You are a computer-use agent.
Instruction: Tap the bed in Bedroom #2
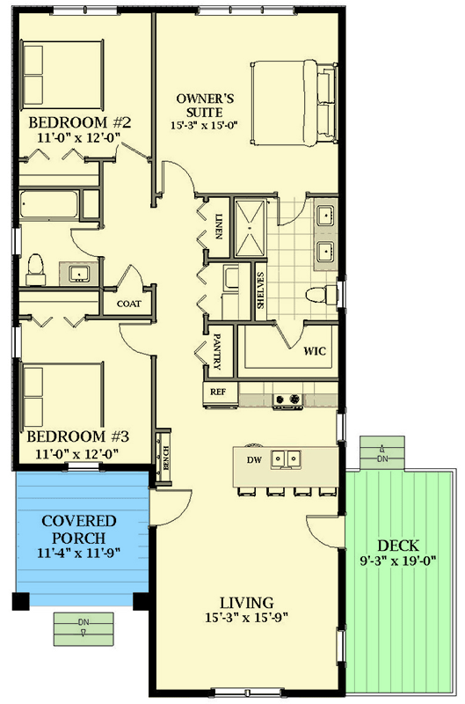click(x=62, y=70)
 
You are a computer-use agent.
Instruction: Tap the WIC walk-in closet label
click(x=315, y=351)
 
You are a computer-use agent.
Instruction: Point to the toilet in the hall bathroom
click(x=36, y=268)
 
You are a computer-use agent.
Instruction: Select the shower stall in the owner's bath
click(x=252, y=226)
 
